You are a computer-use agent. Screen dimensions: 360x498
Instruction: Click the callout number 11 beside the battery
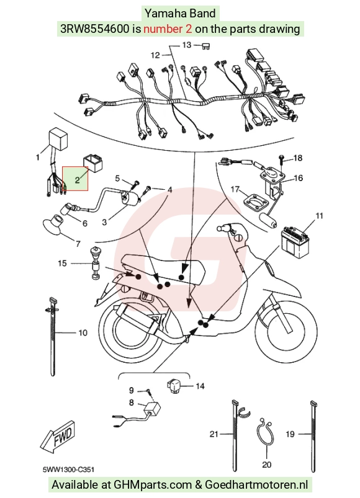click(x=319, y=216)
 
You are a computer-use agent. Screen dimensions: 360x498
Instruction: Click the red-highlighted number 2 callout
click(x=77, y=180)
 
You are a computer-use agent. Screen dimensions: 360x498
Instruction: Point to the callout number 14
click(x=200, y=386)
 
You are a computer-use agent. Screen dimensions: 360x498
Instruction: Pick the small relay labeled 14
click(x=174, y=386)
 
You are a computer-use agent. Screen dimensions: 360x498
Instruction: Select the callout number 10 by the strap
click(x=83, y=332)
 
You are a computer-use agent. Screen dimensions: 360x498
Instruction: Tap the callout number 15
click(x=62, y=264)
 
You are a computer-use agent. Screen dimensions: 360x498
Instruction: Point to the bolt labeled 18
click(x=281, y=159)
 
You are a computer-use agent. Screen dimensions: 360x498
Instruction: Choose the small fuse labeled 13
click(x=206, y=47)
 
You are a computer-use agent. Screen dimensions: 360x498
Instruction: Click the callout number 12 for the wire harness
click(x=155, y=55)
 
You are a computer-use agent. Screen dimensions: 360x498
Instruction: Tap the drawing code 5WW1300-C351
click(x=68, y=469)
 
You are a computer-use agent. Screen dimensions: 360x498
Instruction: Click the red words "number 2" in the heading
click(x=168, y=29)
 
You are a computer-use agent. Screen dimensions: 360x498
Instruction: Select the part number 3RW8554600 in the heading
click(x=95, y=29)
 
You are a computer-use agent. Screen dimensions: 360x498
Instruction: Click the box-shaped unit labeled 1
click(x=57, y=137)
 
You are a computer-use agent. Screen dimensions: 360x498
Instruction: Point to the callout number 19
click(x=290, y=434)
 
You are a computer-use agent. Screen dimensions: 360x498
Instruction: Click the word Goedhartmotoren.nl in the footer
click(x=256, y=484)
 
